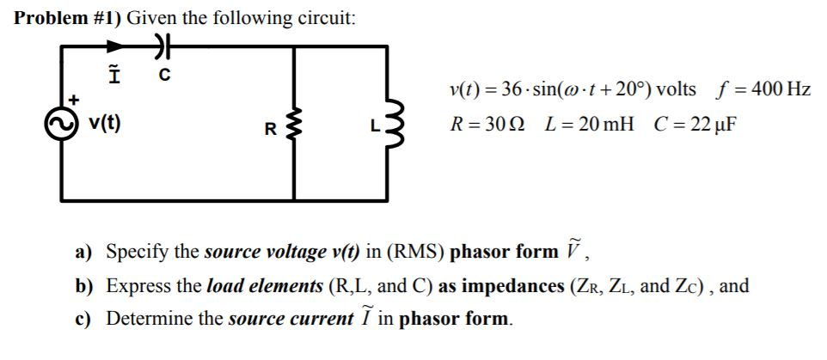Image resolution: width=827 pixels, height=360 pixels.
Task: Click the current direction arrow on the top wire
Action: coord(114,47)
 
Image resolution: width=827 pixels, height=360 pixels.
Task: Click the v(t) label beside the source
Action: coord(104,125)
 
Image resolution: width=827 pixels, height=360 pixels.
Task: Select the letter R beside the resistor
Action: coord(270,131)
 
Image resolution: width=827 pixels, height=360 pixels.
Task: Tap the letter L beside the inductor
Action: coord(374,129)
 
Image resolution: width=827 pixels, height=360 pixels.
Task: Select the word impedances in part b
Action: coord(499,286)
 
